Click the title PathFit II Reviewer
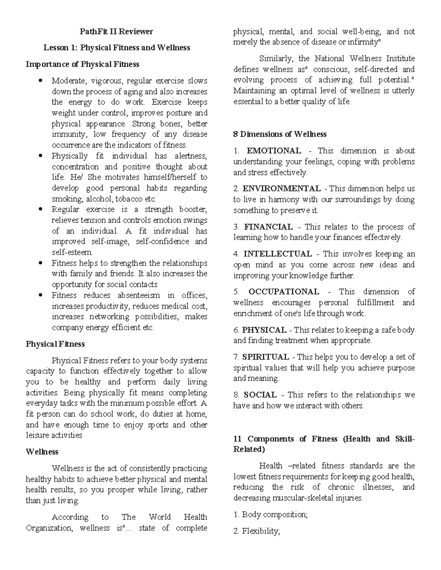pos(116,32)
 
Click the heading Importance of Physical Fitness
pos(82,64)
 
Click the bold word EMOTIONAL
pos(274,151)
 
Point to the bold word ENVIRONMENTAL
pos(282,189)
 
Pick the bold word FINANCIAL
pos(268,227)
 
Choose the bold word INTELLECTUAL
pos(277,254)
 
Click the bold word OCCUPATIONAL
pos(284,292)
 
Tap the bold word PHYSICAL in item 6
pos(264,330)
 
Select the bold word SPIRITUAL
pos(265,357)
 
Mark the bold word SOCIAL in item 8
pos(260,395)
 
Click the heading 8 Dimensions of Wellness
pos(280,134)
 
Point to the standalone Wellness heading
pos(42,452)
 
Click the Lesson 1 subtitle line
pos(116,48)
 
